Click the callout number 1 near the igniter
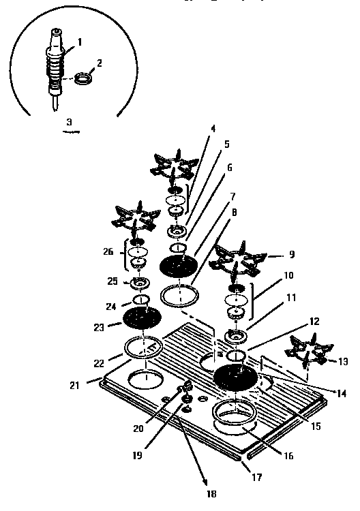click(x=80, y=42)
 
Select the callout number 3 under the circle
click(x=69, y=122)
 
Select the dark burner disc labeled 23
click(x=142, y=318)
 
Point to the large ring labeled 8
click(x=179, y=296)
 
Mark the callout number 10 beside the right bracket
click(x=288, y=277)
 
